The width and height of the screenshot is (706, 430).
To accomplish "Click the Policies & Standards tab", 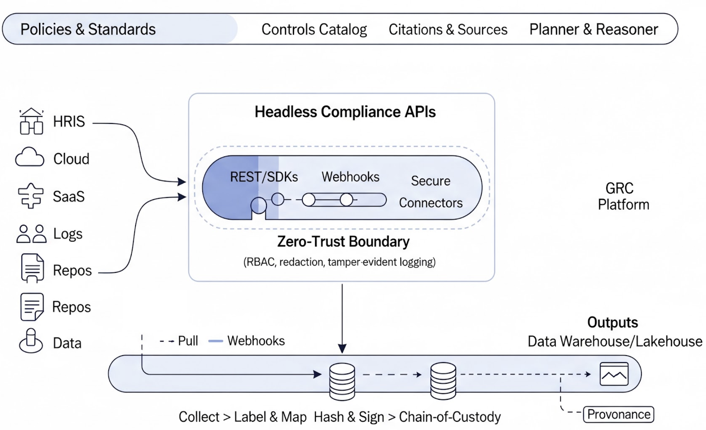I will [x=88, y=30].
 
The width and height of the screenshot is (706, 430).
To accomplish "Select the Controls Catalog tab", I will [x=314, y=30].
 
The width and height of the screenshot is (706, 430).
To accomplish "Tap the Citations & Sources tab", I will [x=448, y=30].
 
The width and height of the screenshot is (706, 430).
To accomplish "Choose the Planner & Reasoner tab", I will [x=593, y=30].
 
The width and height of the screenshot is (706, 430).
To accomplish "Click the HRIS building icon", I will [x=31, y=121].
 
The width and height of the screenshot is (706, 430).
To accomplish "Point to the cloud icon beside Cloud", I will [x=30, y=158].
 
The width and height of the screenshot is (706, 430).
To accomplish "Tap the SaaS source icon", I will [x=31, y=195].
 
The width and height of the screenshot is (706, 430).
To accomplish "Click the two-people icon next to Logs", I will [x=31, y=234].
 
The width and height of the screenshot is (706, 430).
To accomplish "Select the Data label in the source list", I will [x=67, y=343].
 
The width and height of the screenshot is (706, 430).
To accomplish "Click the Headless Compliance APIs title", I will [x=345, y=112].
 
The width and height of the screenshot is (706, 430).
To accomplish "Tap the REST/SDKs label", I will [x=264, y=177].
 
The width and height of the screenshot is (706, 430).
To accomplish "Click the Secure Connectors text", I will [x=431, y=192].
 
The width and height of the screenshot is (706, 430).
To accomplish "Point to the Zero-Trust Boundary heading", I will [x=343, y=242].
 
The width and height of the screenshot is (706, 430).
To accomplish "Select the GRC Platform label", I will [x=623, y=196].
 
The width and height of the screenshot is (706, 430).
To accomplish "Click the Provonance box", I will [x=618, y=414].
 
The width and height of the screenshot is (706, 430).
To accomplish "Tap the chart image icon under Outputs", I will [x=614, y=374].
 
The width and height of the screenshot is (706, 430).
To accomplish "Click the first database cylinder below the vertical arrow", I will [x=342, y=381].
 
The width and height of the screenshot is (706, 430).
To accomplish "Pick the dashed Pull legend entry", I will [x=179, y=341].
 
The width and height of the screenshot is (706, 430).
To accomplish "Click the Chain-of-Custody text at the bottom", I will [x=449, y=417].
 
